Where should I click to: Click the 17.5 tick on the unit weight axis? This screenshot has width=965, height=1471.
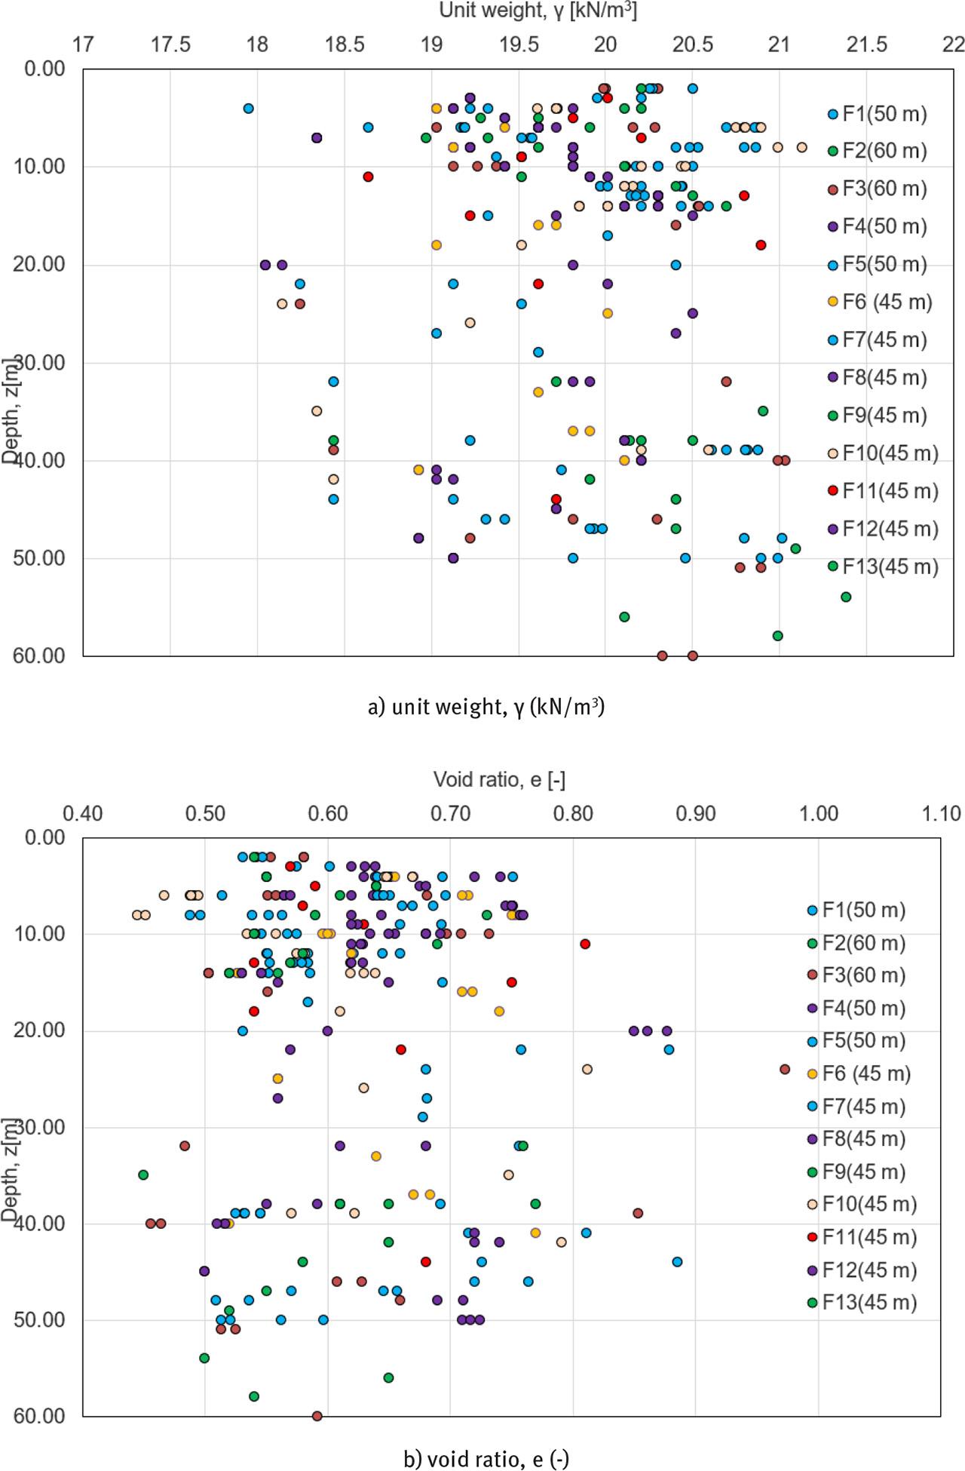(170, 45)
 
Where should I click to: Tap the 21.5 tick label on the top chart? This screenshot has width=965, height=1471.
(867, 45)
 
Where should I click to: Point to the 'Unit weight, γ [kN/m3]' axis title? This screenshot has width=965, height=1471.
(538, 11)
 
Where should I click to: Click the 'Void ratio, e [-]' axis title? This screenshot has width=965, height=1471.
(499, 779)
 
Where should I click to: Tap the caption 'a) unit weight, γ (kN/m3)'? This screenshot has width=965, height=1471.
(486, 707)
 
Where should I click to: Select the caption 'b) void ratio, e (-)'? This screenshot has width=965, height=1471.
(486, 1459)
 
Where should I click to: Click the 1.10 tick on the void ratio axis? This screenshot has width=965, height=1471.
(941, 813)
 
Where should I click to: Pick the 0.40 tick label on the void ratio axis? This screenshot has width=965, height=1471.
(83, 813)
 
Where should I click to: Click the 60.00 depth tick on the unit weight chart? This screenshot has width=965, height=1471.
(39, 656)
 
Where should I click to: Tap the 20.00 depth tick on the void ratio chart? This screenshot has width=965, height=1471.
(39, 1030)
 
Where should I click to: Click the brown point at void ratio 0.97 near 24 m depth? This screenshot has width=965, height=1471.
(785, 1069)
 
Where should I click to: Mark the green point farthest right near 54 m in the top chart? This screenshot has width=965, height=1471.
(846, 597)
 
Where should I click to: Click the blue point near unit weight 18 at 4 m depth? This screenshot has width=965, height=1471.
(248, 109)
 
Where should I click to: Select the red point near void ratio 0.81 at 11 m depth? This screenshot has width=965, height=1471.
(585, 944)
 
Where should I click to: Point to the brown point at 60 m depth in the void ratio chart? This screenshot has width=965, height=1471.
(317, 1416)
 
